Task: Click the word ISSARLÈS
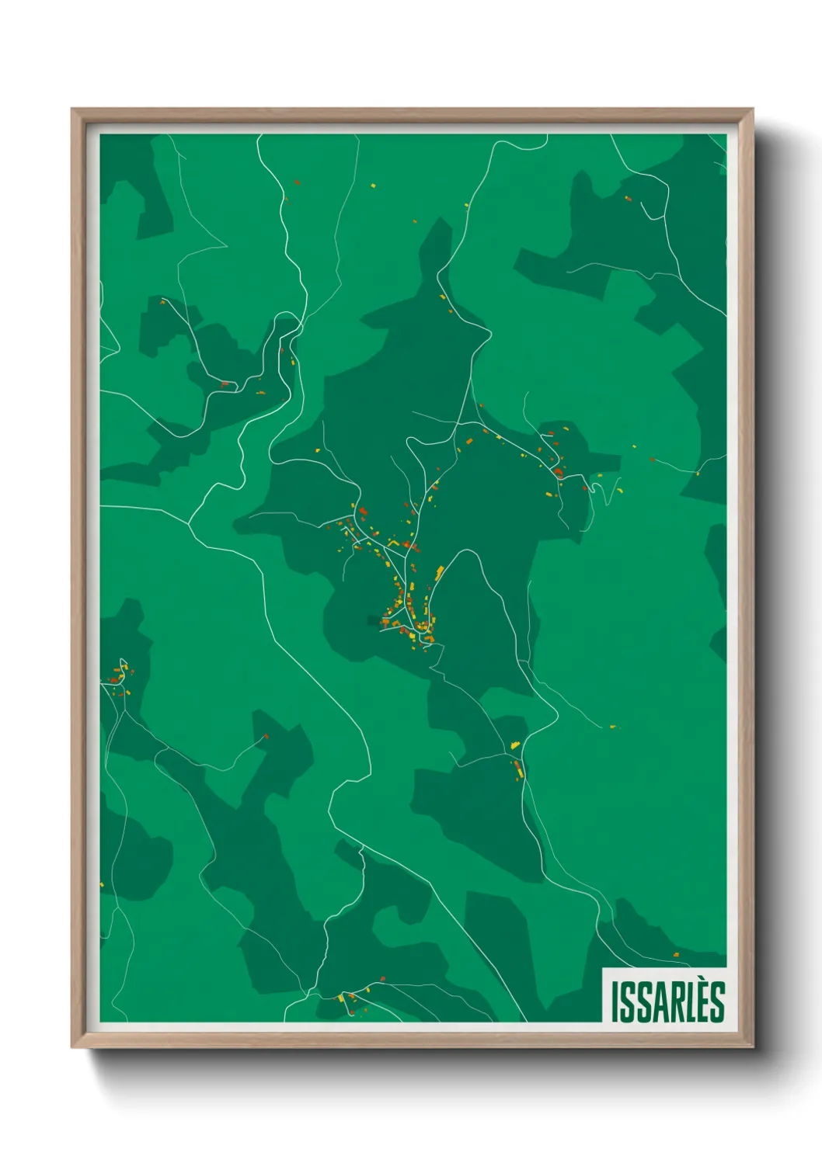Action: click(x=667, y=1001)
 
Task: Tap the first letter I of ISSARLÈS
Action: click(x=615, y=1001)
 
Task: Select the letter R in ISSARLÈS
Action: click(x=679, y=1001)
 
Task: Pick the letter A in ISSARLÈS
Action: click(x=661, y=1001)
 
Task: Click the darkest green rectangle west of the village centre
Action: click(x=374, y=620)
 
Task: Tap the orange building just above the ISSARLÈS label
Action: click(x=676, y=954)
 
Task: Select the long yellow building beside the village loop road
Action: click(x=440, y=573)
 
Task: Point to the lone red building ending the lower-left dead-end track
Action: click(x=266, y=736)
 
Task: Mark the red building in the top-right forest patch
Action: click(x=629, y=199)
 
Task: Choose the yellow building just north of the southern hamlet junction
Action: click(x=514, y=745)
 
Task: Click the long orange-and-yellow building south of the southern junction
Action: click(x=518, y=769)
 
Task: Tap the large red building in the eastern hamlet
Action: click(x=557, y=470)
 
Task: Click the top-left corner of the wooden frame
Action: click(x=73, y=110)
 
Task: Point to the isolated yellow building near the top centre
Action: click(x=373, y=186)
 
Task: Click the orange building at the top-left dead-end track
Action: click(x=162, y=301)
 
